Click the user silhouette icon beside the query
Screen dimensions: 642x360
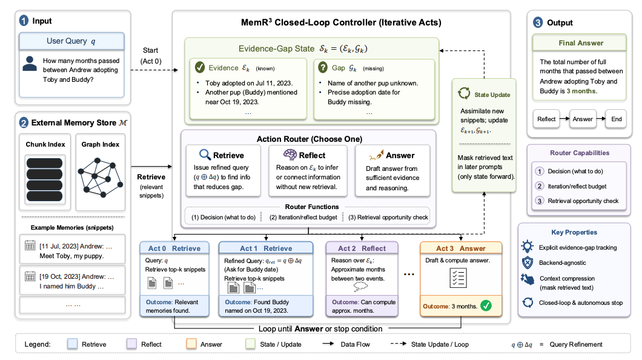[x=30, y=64]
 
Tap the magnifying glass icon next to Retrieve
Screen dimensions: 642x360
[x=205, y=155]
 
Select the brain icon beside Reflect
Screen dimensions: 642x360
[x=290, y=155]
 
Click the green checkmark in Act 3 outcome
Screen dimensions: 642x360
[x=486, y=305]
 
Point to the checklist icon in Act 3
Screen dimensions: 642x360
[x=458, y=278]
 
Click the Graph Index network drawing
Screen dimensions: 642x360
[x=101, y=177]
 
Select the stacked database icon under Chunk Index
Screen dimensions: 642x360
[x=45, y=179]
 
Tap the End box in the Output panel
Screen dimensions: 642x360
[x=616, y=119]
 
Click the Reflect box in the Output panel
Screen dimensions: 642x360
[x=546, y=119]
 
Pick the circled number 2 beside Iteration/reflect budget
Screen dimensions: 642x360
[x=540, y=186]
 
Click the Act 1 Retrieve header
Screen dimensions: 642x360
[x=266, y=248]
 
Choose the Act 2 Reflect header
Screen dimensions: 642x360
[x=362, y=248]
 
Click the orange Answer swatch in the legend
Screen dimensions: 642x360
[x=191, y=344]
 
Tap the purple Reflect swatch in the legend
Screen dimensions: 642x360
[x=131, y=344]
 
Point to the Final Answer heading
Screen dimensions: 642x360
[x=581, y=43]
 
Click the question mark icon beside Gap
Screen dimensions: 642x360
[x=323, y=67]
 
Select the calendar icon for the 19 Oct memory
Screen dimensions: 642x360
[x=30, y=276]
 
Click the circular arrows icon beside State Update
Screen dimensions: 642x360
[x=464, y=93]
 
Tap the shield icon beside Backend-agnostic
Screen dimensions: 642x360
[x=528, y=262]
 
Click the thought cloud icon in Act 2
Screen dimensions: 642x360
[x=360, y=287]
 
